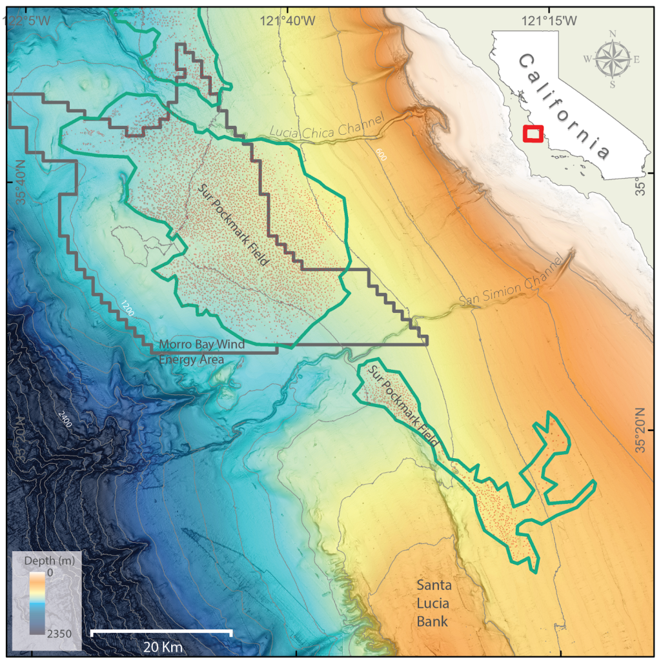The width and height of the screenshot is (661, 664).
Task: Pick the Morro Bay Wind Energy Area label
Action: (x=202, y=352)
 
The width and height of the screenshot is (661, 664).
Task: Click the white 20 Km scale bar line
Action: (x=161, y=631)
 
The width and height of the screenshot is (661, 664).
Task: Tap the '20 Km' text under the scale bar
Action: (x=161, y=646)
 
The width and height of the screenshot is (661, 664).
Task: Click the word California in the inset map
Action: (x=564, y=106)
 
